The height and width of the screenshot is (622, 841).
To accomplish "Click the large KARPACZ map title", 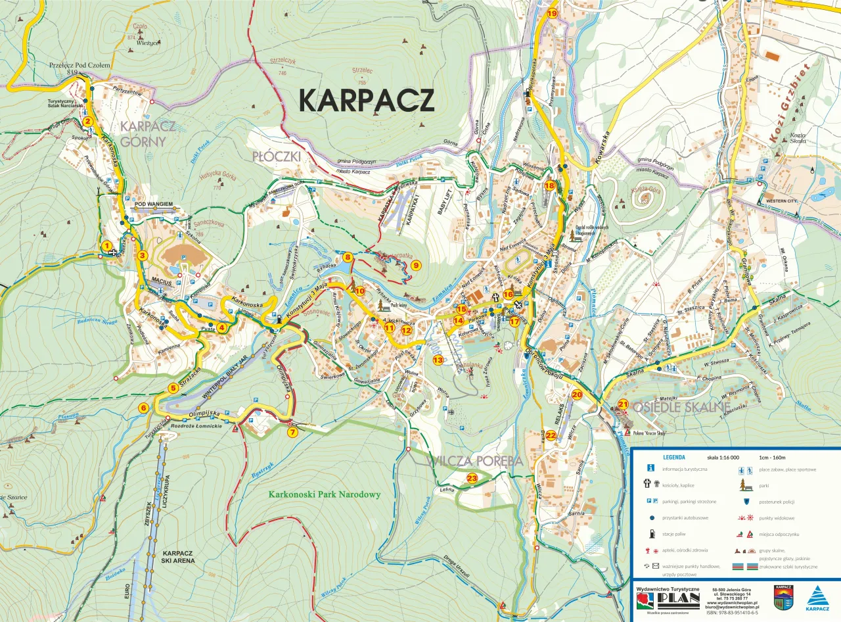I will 367,100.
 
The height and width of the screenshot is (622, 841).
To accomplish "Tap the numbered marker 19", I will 551,14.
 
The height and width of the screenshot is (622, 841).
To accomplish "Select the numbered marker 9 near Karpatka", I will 415,266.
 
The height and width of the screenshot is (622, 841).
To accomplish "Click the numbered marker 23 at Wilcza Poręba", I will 472,478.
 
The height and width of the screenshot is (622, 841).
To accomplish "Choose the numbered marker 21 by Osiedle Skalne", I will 623,404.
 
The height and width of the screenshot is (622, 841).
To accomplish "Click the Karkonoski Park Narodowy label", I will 325,494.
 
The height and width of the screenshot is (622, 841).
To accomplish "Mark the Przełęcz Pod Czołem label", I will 80,65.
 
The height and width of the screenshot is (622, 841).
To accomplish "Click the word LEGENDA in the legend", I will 674,457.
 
